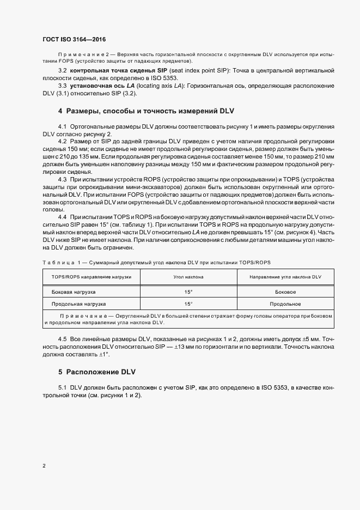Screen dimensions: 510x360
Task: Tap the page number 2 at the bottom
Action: click(x=44, y=466)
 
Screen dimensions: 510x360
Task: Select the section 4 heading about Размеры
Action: click(x=146, y=111)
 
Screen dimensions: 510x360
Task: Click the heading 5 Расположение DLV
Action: click(x=97, y=372)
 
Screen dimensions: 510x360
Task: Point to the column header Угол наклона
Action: click(x=188, y=277)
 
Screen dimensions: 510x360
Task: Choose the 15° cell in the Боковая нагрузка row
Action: click(x=188, y=292)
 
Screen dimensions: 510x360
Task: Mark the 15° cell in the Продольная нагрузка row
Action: click(x=188, y=303)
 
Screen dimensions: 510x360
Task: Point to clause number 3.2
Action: click(x=63, y=71)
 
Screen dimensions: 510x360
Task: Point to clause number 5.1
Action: click(x=63, y=387)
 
